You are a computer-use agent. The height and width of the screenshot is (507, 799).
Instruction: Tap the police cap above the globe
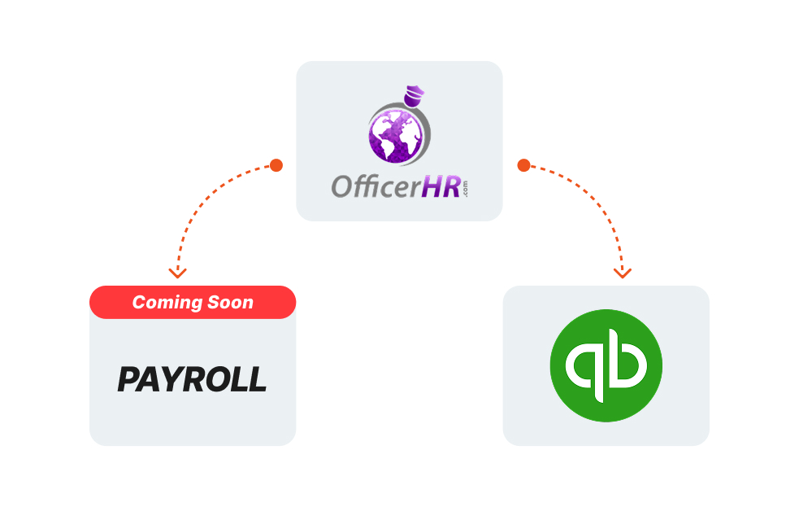(x=415, y=95)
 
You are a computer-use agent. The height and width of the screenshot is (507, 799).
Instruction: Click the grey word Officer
(x=376, y=186)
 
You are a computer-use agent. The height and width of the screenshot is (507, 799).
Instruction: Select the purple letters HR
(x=442, y=186)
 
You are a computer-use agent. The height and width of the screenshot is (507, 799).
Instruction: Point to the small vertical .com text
(x=464, y=189)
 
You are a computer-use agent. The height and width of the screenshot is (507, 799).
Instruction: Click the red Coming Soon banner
(x=193, y=303)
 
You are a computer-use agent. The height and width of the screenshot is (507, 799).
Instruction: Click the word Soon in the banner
(x=230, y=303)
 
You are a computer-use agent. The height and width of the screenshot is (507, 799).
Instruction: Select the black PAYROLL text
(x=192, y=379)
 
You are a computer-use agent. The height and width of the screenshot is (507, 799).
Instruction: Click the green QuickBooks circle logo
(x=606, y=365)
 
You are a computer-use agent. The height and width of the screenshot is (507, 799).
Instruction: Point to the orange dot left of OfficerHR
(x=276, y=165)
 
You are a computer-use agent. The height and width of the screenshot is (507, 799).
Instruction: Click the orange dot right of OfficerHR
(x=523, y=165)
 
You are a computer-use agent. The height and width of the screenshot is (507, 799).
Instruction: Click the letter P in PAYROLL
(x=128, y=379)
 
